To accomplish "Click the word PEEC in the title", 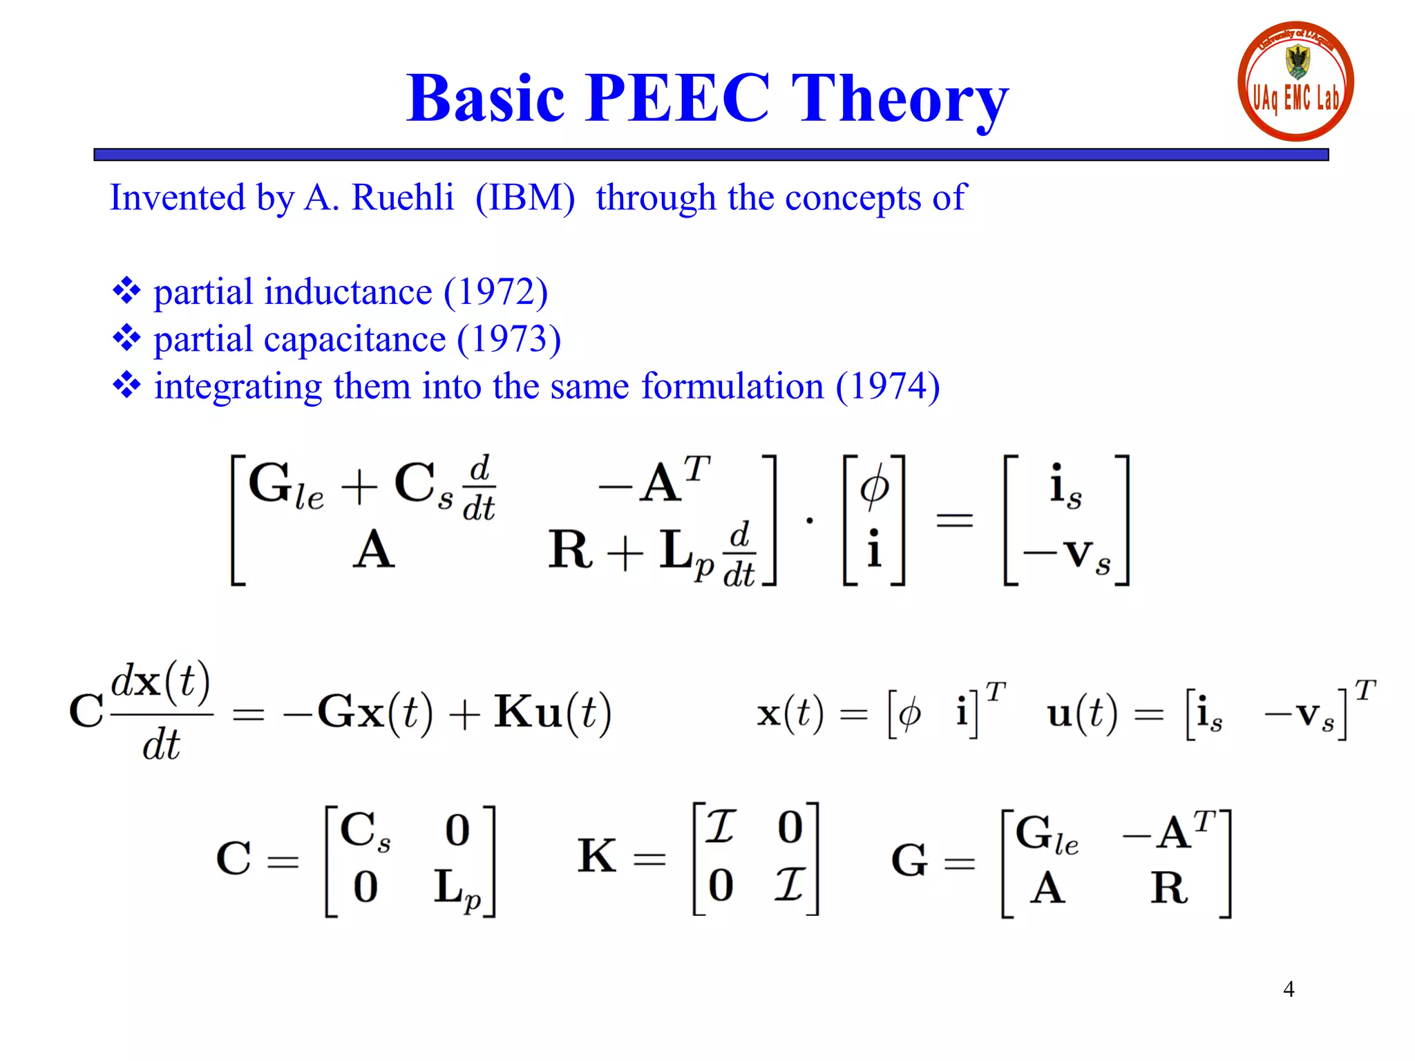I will [x=677, y=98].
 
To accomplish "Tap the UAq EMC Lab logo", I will [x=1295, y=82].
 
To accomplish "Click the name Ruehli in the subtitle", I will [x=403, y=198].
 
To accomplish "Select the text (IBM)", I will [x=525, y=198].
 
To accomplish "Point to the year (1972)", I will [x=495, y=291].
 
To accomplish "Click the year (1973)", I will [x=509, y=339].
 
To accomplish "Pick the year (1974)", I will [x=887, y=386].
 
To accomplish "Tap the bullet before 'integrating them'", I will [x=126, y=385].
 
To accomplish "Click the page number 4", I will [x=1289, y=989].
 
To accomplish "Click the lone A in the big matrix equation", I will [x=374, y=551].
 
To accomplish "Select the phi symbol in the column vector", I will [x=874, y=486].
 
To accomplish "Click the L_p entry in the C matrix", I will [x=457, y=888].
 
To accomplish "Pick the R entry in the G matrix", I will [x=1169, y=888].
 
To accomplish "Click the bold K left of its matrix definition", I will [x=597, y=857].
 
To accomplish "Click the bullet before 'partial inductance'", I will [x=126, y=291].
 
